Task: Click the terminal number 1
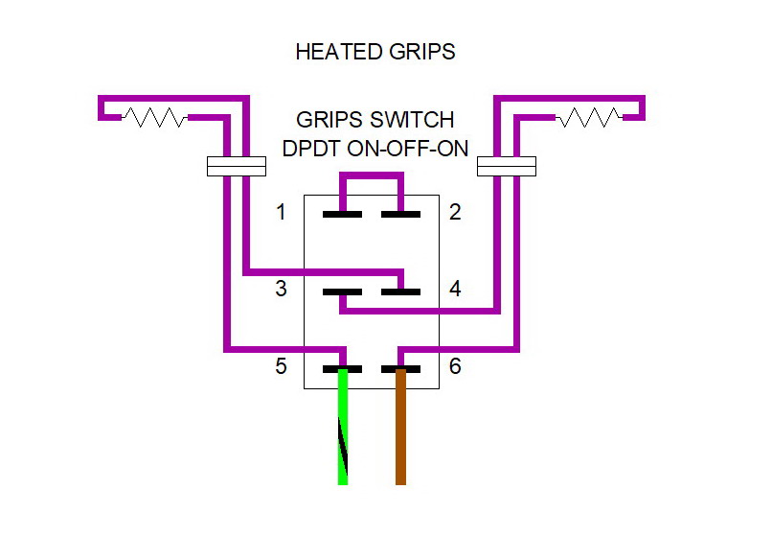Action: coord(281,212)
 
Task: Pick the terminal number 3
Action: coord(281,289)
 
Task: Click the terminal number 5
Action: coord(281,366)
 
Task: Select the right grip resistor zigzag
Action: coord(589,118)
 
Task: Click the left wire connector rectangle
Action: coord(236,167)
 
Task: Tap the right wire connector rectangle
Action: coord(507,167)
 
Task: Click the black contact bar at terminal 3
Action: coord(342,291)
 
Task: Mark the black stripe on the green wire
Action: coord(342,451)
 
